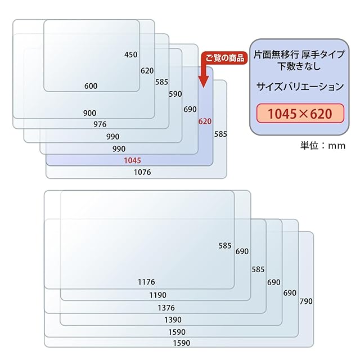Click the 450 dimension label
pyautogui.click(x=130, y=55)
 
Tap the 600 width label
pyautogui.click(x=91, y=86)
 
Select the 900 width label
pyautogui.click(x=89, y=113)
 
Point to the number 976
pyautogui.click(x=100, y=124)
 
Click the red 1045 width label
pyautogui.click(x=133, y=160)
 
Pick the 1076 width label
pyautogui.click(x=142, y=173)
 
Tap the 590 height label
pyautogui.click(x=175, y=94)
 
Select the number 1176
pyautogui.click(x=146, y=282)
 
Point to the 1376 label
pyautogui.click(x=166, y=308)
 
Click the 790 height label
pyautogui.click(x=306, y=301)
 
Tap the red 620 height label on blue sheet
pyautogui.click(x=205, y=121)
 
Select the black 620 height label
pyautogui.click(x=147, y=71)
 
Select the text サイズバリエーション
pyautogui.click(x=299, y=87)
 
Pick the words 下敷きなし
pyautogui.click(x=299, y=66)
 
